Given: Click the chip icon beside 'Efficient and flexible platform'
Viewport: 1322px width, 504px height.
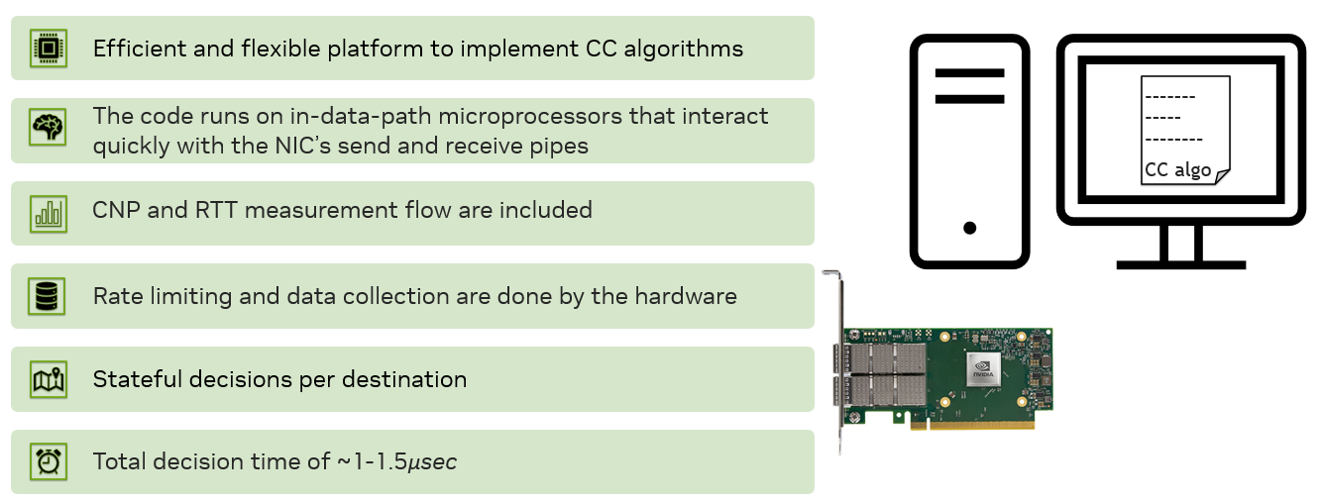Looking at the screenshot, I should click(47, 48).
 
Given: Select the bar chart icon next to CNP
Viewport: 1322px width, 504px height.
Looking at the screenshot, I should click(47, 212).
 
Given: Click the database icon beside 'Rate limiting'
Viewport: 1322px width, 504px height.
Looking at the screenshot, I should click(47, 295).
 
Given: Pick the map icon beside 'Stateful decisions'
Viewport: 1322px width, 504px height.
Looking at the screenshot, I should click(47, 378).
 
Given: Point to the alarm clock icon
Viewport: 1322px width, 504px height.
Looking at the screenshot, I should click(47, 461).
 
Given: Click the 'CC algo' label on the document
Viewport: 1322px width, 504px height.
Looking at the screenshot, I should click(1177, 169).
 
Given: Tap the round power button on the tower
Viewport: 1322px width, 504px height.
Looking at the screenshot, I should click(969, 227).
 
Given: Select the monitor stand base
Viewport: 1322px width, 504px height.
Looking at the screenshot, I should click(1180, 264).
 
